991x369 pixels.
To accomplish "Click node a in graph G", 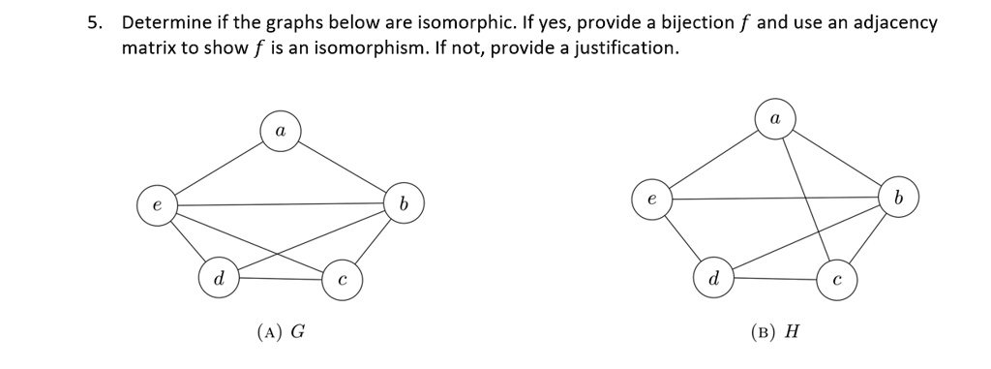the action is (280, 130).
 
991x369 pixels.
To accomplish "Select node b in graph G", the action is (405, 204).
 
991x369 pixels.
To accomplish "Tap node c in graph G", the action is (342, 279).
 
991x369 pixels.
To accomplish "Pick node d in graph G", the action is (219, 279).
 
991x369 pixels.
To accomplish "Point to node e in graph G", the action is (156, 204).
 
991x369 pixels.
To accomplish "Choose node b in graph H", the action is (898, 199).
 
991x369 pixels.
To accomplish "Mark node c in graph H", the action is (837, 279).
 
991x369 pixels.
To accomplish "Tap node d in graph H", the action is (713, 279).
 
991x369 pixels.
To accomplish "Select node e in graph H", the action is (651, 199).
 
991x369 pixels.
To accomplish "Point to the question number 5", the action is (92, 23).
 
